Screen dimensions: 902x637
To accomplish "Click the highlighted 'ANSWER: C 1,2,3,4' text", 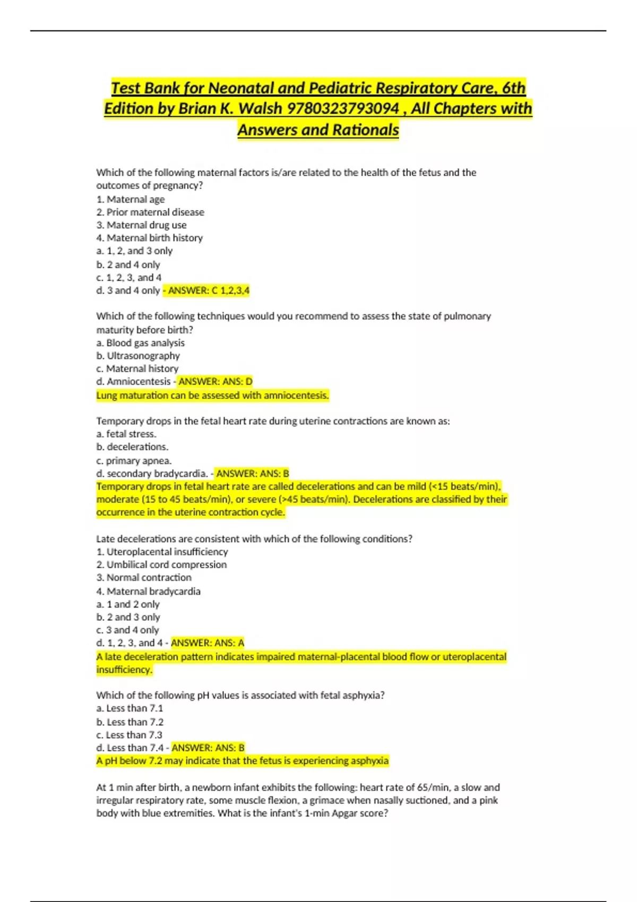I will [209, 291].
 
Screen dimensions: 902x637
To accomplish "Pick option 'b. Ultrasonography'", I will [138, 356].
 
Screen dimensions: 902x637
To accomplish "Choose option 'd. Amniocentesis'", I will [133, 381].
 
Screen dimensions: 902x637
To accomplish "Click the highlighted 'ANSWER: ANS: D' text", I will [216, 381].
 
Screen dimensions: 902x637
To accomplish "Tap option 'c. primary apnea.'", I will [134, 461].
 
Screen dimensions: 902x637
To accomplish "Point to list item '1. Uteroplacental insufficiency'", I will [162, 552].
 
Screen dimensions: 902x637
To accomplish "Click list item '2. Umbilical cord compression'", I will [161, 565].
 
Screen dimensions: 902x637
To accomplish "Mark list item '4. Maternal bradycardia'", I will [148, 591].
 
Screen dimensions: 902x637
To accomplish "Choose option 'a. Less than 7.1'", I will [130, 708].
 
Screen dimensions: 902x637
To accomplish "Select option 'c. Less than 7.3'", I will [129, 735].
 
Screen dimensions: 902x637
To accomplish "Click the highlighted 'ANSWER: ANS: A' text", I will [208, 643].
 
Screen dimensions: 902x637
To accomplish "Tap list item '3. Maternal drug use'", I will [141, 225].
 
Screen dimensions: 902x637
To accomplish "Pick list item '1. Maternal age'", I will [131, 200].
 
